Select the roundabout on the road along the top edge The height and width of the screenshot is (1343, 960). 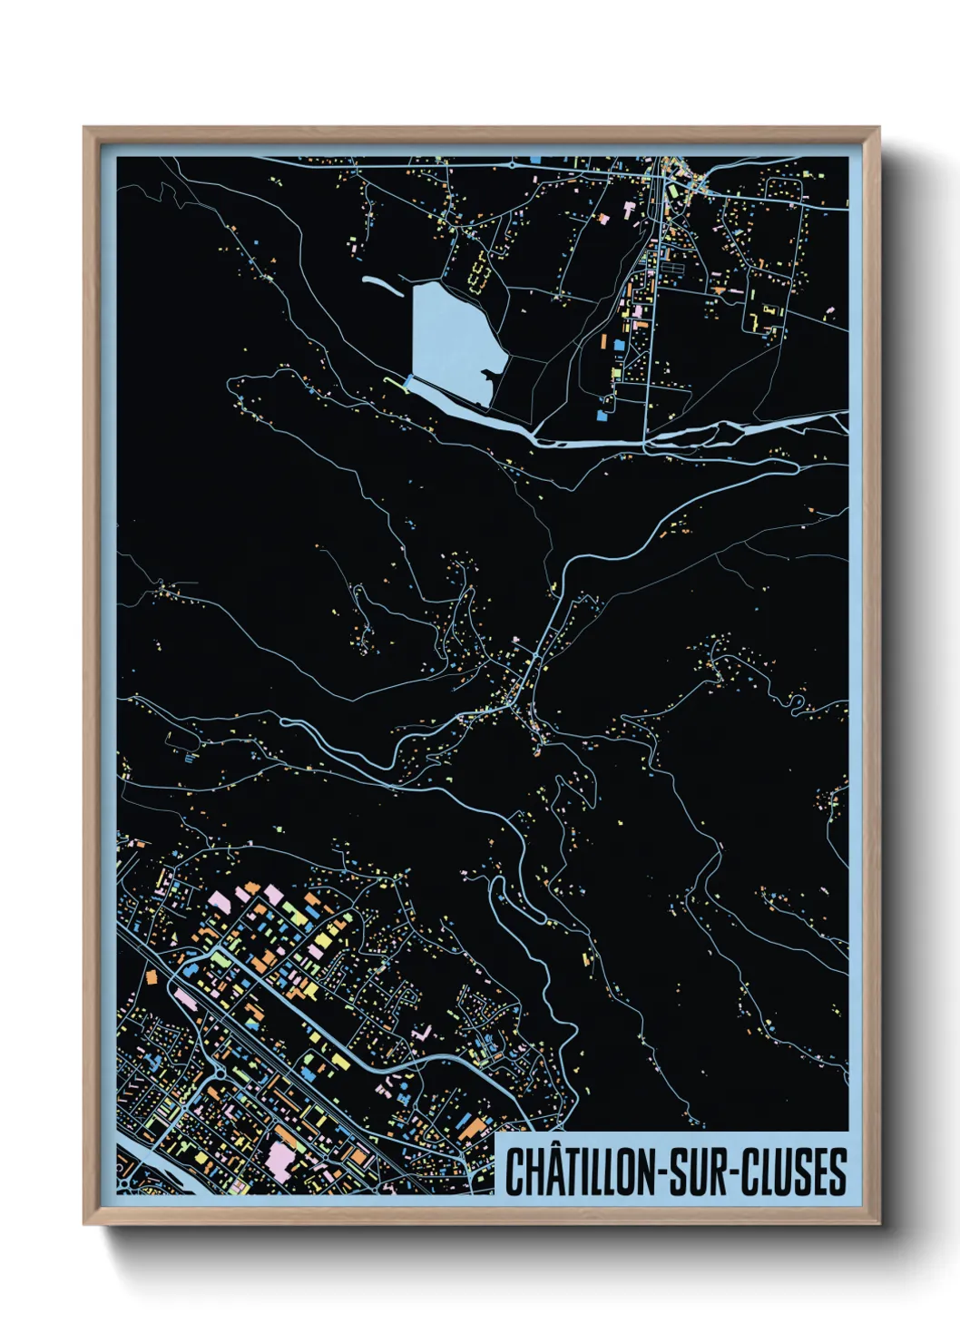(512, 166)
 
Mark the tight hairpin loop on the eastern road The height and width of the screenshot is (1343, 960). (796, 703)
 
